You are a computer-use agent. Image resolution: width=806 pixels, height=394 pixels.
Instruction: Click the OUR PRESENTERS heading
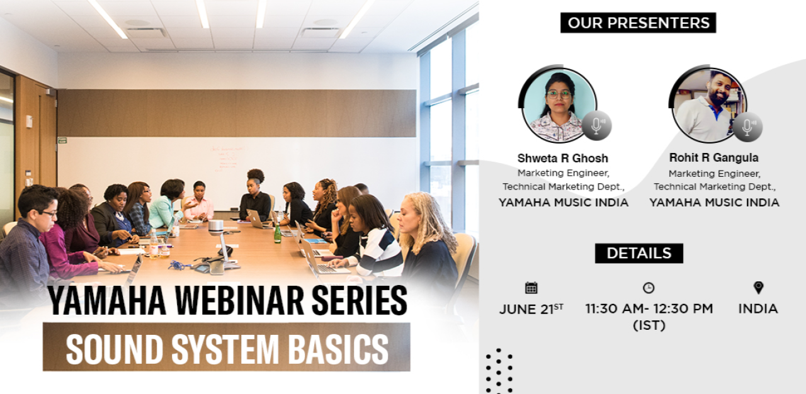(x=638, y=23)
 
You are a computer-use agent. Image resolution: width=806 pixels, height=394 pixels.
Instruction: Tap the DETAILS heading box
(x=639, y=254)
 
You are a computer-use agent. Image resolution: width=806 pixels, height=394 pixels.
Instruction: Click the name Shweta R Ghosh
(x=562, y=158)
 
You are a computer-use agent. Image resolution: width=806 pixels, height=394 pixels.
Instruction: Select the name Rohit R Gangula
(x=713, y=158)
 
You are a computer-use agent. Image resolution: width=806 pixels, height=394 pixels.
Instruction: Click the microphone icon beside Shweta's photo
(x=596, y=126)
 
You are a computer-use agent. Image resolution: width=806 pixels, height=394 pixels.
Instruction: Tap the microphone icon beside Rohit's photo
(x=747, y=127)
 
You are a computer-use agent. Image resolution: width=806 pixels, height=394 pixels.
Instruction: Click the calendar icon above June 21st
(x=531, y=288)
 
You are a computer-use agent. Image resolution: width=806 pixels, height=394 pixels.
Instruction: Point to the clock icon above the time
(x=649, y=288)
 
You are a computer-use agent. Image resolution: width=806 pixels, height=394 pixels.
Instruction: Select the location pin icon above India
(x=758, y=288)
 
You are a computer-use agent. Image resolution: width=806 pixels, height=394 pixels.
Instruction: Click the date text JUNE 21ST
(x=531, y=309)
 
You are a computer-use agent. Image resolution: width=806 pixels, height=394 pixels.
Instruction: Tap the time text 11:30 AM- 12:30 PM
(x=649, y=308)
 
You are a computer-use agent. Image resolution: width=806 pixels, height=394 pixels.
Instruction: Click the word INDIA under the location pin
(x=758, y=309)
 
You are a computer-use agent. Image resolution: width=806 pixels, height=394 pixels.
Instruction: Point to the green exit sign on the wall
(x=62, y=140)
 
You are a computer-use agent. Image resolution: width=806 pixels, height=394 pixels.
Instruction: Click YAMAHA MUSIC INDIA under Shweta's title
(x=563, y=203)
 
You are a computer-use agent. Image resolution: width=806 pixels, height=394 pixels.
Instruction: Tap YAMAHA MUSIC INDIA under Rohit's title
(x=714, y=203)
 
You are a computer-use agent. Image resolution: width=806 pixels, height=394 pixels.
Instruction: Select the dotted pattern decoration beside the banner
(x=499, y=371)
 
